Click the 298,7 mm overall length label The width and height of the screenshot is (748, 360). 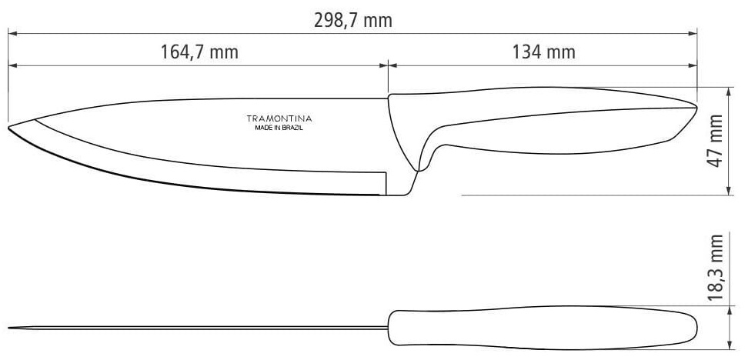coord(353,21)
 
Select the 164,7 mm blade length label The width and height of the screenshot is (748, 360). coord(199,52)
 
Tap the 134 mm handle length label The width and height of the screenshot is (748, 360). coord(544,52)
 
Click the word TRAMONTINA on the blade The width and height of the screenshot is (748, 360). coord(279,118)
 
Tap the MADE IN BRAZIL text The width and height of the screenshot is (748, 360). coord(279,128)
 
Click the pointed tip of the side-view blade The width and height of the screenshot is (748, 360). coord(8,128)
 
